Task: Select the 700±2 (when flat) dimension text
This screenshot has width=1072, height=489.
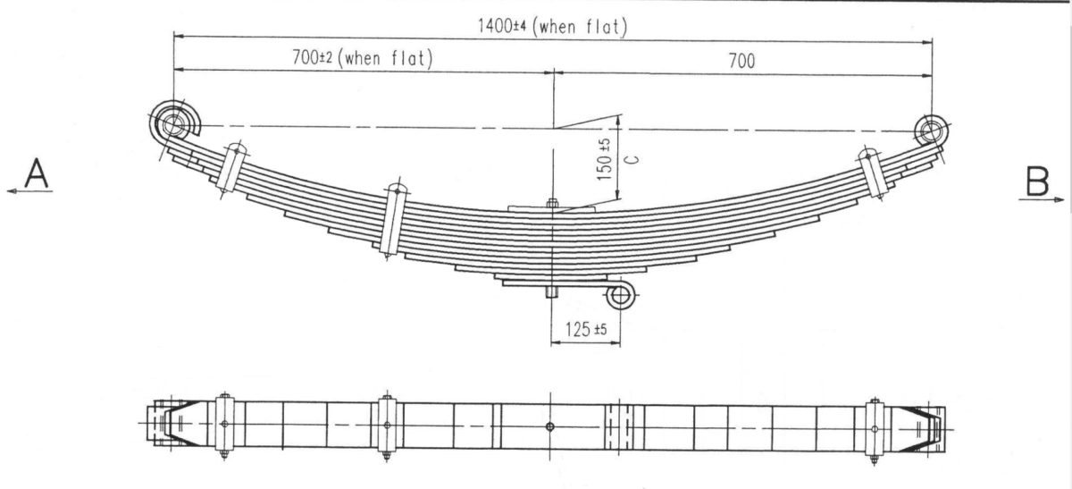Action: coord(362,59)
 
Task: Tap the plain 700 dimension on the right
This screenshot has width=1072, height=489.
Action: coord(741,60)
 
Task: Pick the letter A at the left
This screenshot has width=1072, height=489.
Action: coord(37,173)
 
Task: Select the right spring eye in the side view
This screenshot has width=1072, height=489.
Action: coord(932,130)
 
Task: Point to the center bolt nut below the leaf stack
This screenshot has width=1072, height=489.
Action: coord(551,292)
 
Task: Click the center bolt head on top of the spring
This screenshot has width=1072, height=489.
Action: coord(551,203)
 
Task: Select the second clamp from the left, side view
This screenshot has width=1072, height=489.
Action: coord(391,220)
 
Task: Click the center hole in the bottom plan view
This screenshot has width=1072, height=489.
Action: coord(550,426)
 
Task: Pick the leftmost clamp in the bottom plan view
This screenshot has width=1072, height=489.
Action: coord(223,426)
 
